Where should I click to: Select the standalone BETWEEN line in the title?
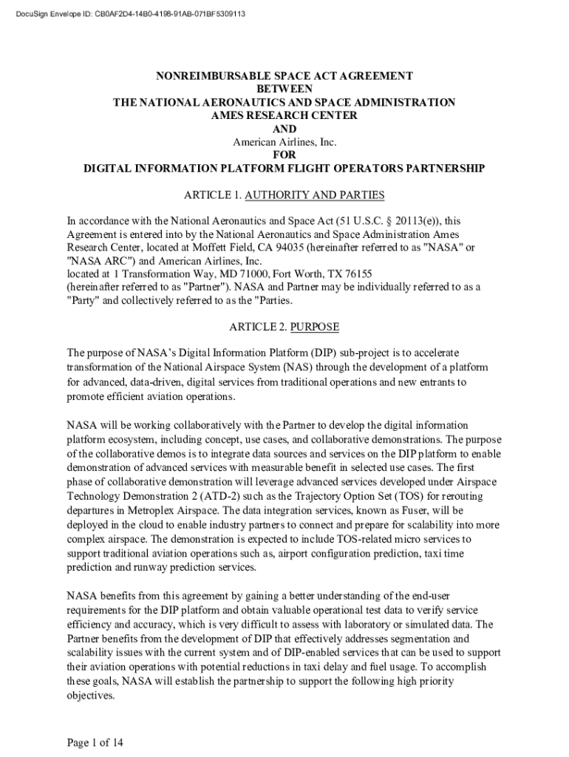284,89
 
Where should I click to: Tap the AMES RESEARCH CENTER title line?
284,115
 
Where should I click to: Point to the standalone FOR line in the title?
284,155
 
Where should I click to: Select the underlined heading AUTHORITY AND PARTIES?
314,195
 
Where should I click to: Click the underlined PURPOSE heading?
314,326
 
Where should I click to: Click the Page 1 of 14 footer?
95,743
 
